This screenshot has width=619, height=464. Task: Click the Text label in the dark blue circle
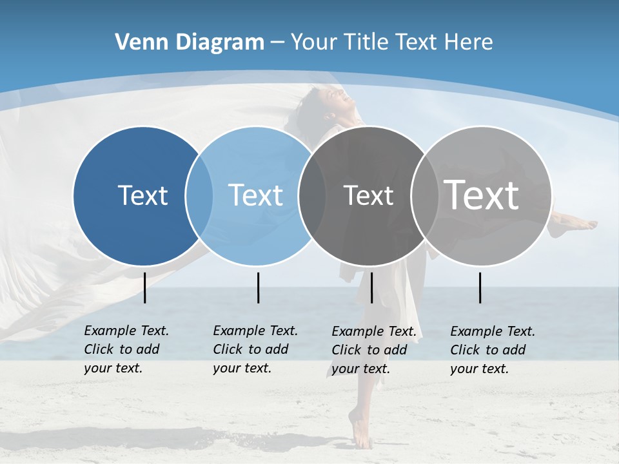tap(142, 195)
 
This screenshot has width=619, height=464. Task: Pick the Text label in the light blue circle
tap(255, 195)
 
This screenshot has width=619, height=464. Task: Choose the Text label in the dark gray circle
tap(368, 195)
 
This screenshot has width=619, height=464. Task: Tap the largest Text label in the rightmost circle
tap(482, 195)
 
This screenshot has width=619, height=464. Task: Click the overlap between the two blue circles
tap(199, 195)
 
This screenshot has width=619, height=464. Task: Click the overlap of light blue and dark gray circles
tap(312, 195)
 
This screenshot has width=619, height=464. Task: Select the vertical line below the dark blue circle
tap(145, 287)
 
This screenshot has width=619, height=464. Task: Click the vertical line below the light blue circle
tap(258, 287)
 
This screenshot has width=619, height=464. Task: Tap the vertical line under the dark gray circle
tap(371, 287)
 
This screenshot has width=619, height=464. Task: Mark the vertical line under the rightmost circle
tap(480, 287)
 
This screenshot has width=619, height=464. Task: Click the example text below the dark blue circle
tap(126, 349)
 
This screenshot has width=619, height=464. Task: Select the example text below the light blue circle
tap(255, 349)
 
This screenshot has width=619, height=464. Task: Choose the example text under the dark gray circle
tap(373, 350)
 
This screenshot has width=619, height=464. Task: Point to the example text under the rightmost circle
tap(492, 350)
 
